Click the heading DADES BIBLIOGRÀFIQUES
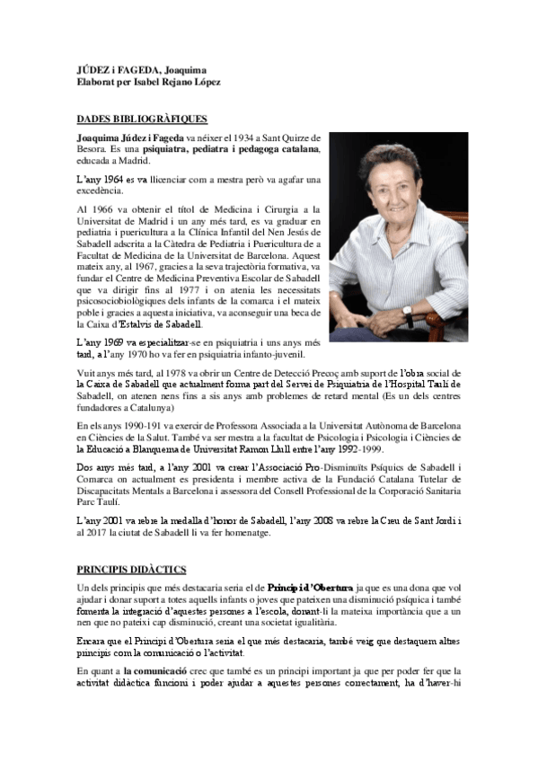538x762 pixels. point(142,118)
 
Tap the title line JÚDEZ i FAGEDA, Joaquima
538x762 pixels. point(139,69)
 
